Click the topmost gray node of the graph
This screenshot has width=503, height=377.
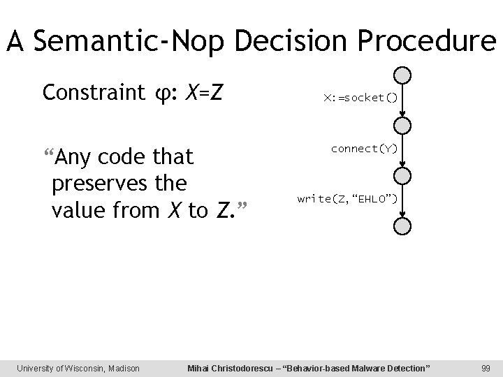(x=402, y=75)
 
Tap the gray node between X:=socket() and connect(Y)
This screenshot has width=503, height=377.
(x=402, y=125)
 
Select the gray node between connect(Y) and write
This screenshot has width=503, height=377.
(x=402, y=176)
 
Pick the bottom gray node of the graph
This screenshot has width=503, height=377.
(x=402, y=226)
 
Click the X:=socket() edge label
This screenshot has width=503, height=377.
(x=360, y=98)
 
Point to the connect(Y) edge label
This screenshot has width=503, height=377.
(x=364, y=149)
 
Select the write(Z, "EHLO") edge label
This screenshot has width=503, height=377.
(x=347, y=200)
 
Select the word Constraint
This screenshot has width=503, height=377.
(x=89, y=92)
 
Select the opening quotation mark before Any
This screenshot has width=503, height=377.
(x=47, y=152)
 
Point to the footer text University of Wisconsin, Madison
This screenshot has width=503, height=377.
(x=78, y=367)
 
